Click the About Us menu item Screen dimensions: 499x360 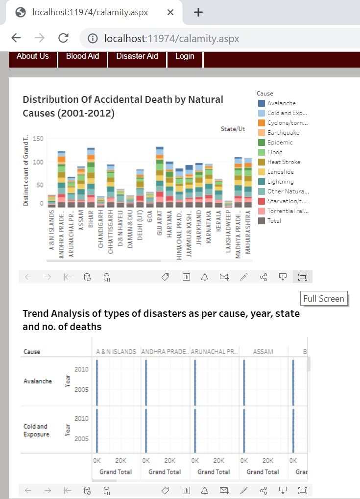[33, 56]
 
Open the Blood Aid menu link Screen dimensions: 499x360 [82, 56]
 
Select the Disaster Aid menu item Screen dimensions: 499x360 [137, 56]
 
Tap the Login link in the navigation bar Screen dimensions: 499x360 [185, 56]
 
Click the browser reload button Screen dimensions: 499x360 [63, 38]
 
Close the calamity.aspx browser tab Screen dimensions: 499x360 [170, 12]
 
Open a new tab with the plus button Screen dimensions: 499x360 [198, 12]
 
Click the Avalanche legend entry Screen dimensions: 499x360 [281, 103]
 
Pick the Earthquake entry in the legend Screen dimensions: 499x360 [283, 133]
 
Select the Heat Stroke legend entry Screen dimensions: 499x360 [284, 162]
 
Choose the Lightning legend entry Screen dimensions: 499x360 [281, 182]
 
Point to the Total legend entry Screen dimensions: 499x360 [274, 221]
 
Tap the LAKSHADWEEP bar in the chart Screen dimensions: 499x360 [228, 204]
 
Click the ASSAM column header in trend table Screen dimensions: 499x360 [263, 352]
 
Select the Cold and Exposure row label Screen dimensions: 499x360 [36, 430]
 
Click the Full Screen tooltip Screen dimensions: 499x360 [323, 299]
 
